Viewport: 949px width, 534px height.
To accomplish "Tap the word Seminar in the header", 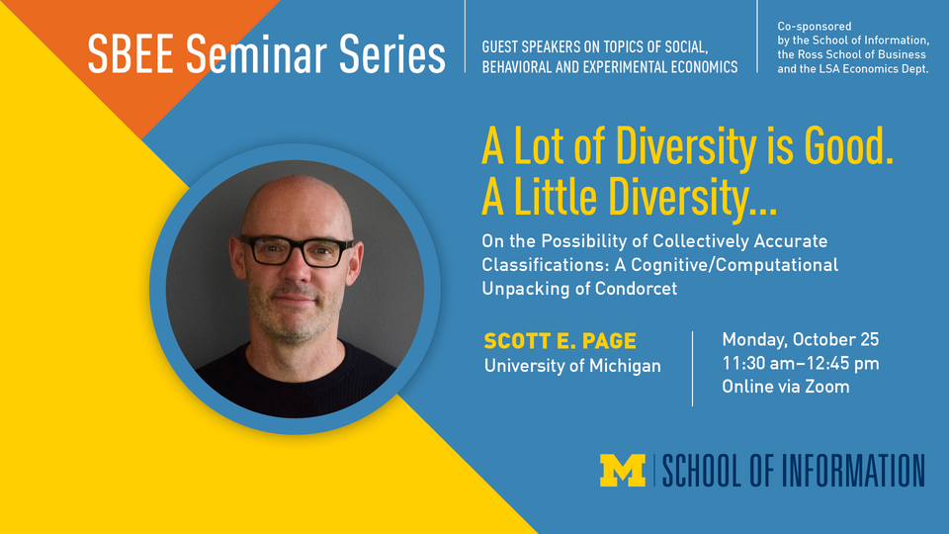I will (x=255, y=54).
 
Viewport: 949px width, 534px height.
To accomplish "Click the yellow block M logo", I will (x=622, y=471).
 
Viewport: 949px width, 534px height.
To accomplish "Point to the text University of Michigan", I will (x=571, y=366).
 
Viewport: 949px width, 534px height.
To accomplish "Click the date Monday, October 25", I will (x=801, y=340).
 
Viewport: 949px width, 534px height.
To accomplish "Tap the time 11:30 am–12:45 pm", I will (x=801, y=363).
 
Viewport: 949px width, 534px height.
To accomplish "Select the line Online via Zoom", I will (x=786, y=387).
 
